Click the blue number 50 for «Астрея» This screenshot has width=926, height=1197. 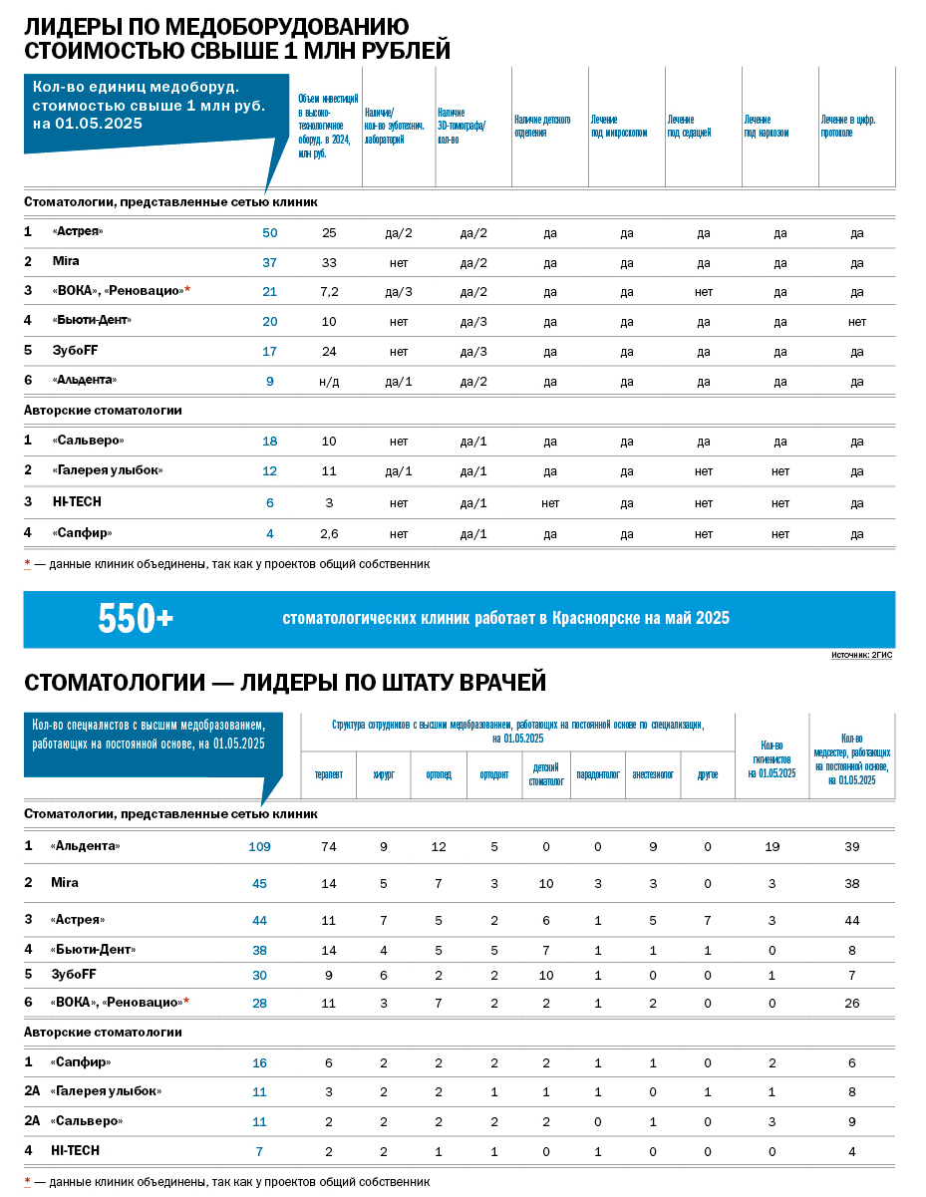[x=269, y=233]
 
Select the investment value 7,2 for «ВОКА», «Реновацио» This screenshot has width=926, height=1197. [x=329, y=291]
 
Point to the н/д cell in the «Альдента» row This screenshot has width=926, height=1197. [x=329, y=381]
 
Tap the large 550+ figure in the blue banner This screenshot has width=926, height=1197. [x=136, y=619]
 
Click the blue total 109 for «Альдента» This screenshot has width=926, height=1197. [x=259, y=847]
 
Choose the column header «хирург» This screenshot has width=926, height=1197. [x=383, y=774]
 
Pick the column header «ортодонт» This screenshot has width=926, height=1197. [x=493, y=774]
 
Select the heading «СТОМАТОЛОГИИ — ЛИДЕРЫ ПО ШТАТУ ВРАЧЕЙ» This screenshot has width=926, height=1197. [x=285, y=683]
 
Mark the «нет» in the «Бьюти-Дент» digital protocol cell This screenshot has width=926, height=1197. [x=856, y=322]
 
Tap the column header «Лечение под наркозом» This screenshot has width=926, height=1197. [x=766, y=126]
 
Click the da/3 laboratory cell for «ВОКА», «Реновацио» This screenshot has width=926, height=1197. [x=399, y=291]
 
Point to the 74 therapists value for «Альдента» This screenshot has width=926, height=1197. [x=328, y=847]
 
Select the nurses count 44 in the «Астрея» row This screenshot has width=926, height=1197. [x=851, y=920]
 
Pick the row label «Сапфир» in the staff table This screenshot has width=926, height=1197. [x=81, y=1063]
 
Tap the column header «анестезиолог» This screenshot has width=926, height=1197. [x=653, y=774]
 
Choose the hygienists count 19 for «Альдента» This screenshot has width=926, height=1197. [x=772, y=847]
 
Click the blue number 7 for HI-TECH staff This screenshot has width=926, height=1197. [x=259, y=1151]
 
